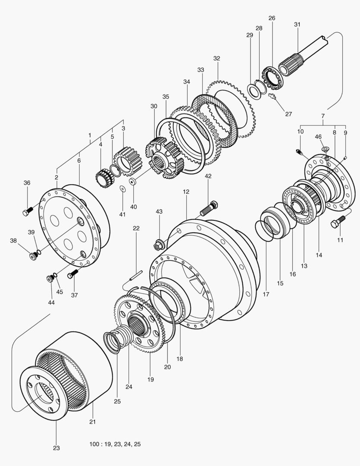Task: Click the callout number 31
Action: [297, 25]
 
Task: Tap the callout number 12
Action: [186, 191]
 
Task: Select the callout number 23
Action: [56, 448]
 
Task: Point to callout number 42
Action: [208, 176]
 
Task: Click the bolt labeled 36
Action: [28, 211]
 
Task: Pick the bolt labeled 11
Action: [337, 223]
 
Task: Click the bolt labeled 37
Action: [73, 273]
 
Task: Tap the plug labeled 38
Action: [33, 256]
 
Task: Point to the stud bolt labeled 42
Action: [210, 209]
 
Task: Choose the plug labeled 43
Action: [157, 245]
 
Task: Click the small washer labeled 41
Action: [122, 189]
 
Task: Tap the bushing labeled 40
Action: [133, 182]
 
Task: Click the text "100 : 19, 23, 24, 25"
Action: [115, 444]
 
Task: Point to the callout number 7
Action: [322, 116]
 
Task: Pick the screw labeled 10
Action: [299, 151]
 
